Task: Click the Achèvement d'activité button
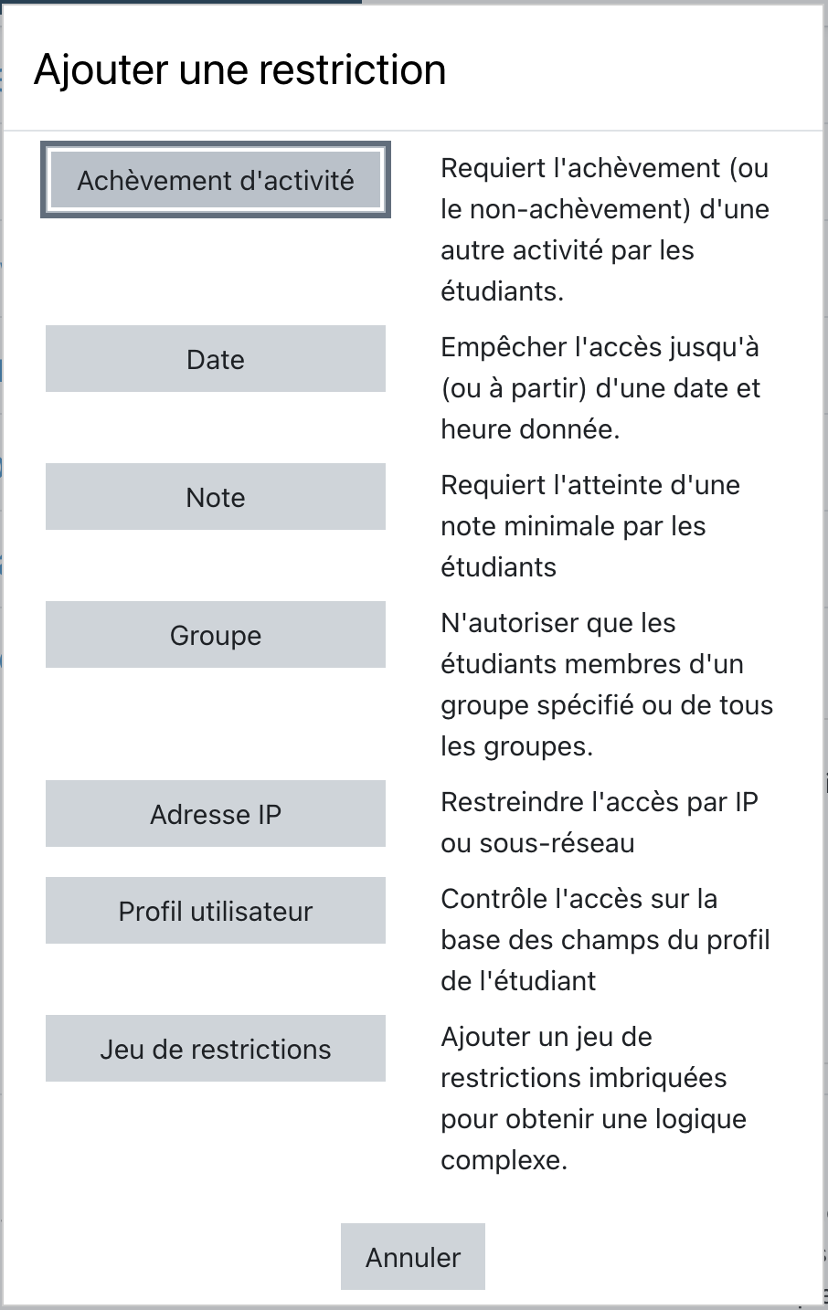[x=216, y=180]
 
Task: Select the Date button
[x=216, y=359]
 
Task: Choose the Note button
[x=216, y=497]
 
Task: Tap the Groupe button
[x=216, y=635]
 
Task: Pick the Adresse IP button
[x=216, y=814]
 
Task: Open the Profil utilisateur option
[x=216, y=911]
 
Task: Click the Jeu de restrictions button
[x=216, y=1049]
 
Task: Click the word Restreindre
[x=513, y=802]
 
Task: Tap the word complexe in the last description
[x=503, y=1160]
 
